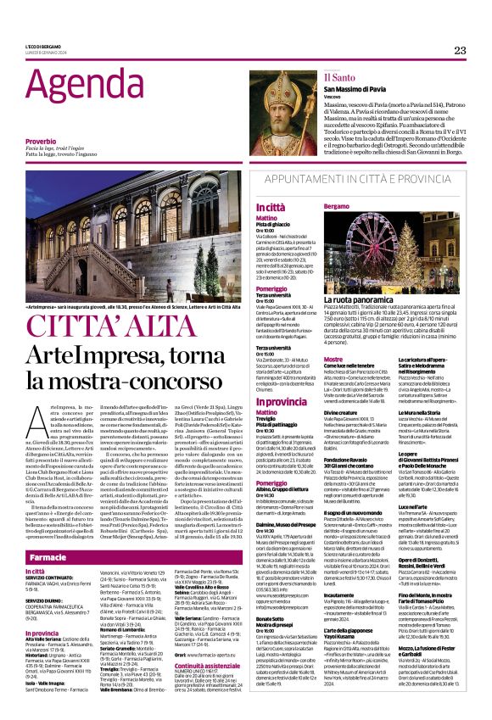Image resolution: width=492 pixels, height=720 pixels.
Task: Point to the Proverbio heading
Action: coord(41,141)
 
